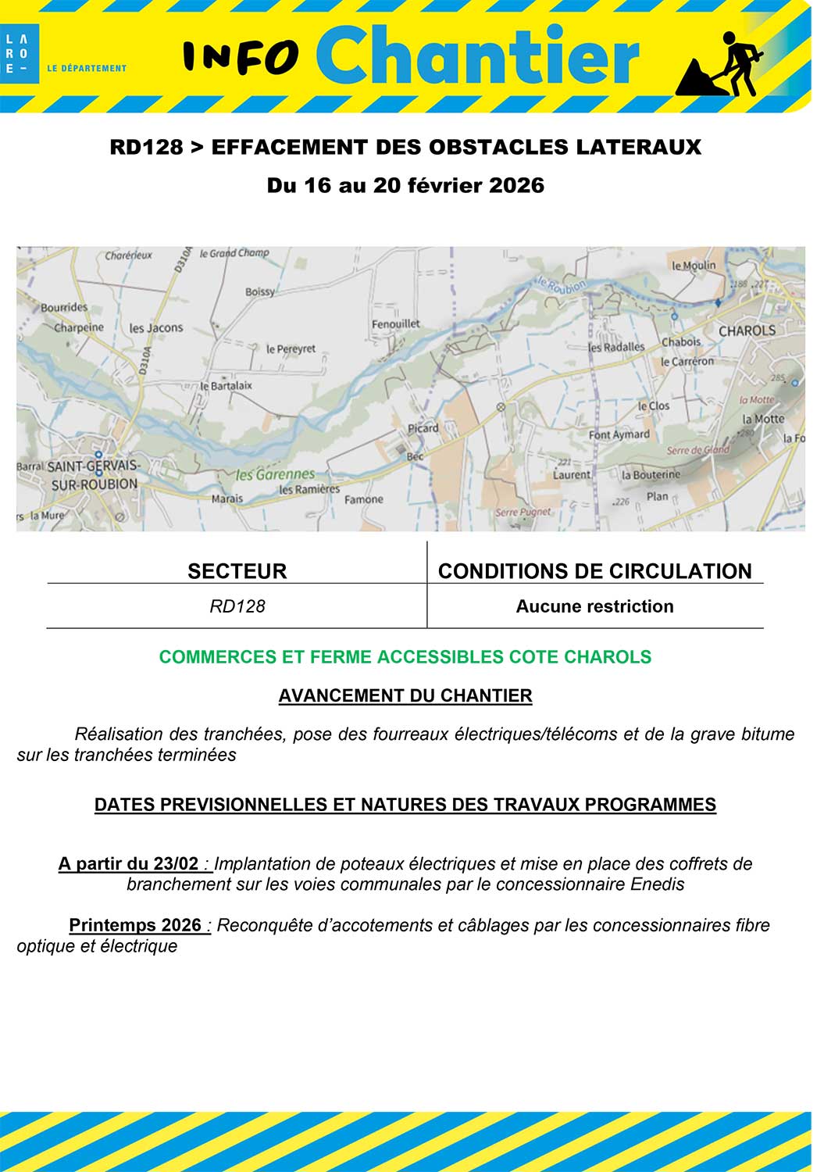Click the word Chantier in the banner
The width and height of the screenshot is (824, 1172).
[x=477, y=55]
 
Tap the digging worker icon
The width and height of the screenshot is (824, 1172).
[x=722, y=65]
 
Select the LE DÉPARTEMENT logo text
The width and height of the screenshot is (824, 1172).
[x=87, y=68]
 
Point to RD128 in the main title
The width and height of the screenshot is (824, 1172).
[x=146, y=147]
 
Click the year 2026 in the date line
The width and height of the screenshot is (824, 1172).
[x=516, y=185]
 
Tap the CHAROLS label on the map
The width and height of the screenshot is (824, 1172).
[x=747, y=331]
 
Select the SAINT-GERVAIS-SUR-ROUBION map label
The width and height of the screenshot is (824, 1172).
[x=94, y=475]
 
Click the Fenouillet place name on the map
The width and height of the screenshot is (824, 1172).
[x=395, y=323]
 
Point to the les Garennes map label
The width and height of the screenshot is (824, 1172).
[x=275, y=474]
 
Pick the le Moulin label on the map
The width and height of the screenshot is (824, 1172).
[x=694, y=266]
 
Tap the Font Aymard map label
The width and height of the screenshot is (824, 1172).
[x=619, y=434]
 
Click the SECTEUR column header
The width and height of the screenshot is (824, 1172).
[x=237, y=571]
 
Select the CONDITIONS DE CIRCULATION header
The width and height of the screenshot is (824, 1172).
[x=594, y=571]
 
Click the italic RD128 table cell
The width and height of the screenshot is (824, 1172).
[x=237, y=606]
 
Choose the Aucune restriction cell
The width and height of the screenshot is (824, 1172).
[x=594, y=606]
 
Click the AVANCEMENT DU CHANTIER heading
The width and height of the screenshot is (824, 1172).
[x=405, y=695]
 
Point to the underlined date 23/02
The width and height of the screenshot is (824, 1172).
[x=176, y=864]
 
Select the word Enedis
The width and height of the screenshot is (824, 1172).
[x=658, y=884]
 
